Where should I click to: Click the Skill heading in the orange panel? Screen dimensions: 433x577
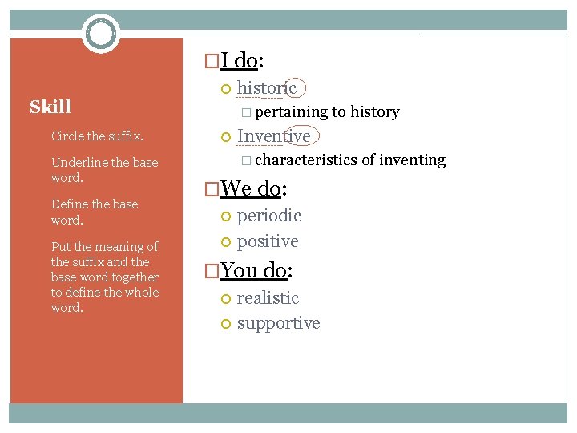(x=50, y=107)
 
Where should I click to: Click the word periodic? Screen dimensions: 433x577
(x=268, y=215)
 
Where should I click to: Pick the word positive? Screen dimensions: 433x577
(x=267, y=241)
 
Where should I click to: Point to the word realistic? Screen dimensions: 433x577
(x=268, y=297)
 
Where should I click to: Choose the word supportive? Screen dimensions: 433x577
(x=278, y=322)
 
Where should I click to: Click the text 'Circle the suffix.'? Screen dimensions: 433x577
(x=97, y=136)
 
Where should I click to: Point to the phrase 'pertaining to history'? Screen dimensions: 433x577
(x=327, y=111)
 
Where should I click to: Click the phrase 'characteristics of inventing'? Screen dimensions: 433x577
(x=350, y=160)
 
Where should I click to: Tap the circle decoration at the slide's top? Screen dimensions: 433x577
(x=101, y=34)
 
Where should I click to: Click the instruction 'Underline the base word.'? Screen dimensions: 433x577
(x=104, y=170)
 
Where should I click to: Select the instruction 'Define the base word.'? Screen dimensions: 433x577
(x=95, y=212)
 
